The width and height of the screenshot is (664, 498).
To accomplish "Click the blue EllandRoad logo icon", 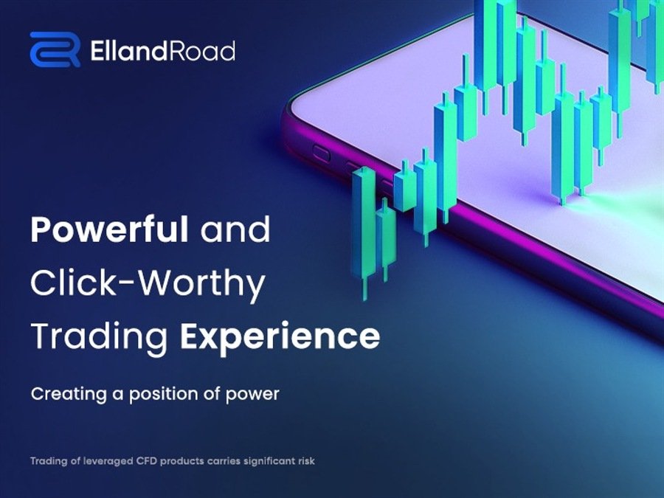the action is tap(55, 49).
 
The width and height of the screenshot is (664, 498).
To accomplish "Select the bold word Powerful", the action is tap(109, 229).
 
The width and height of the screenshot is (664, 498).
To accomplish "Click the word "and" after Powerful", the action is tap(235, 229).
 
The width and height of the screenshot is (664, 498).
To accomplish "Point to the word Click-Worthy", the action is tap(148, 283).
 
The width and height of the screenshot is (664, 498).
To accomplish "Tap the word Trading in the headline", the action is tap(100, 336).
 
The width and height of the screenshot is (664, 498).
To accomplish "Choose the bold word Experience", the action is tap(280, 336).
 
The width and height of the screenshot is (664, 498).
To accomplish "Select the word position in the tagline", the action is tap(164, 394).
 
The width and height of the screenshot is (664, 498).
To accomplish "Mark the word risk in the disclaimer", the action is tap(307, 460).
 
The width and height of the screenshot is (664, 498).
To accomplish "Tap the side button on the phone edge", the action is tap(321, 153).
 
